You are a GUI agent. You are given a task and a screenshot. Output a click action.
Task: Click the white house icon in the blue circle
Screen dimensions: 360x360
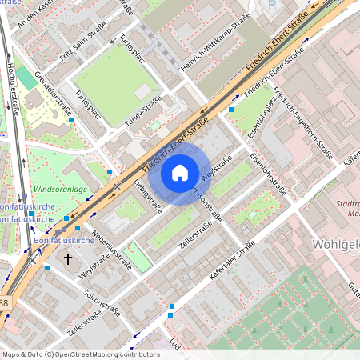pos(180,172)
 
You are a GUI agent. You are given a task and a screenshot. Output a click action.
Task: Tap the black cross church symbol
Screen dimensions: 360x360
pos(68,259)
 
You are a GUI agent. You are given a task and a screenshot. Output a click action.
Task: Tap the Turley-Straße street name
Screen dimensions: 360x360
pos(142,110)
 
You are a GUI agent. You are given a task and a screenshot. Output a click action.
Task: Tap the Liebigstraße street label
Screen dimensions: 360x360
pos(149,199)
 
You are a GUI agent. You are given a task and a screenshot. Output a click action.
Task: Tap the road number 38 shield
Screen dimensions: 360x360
pos(5,303)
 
